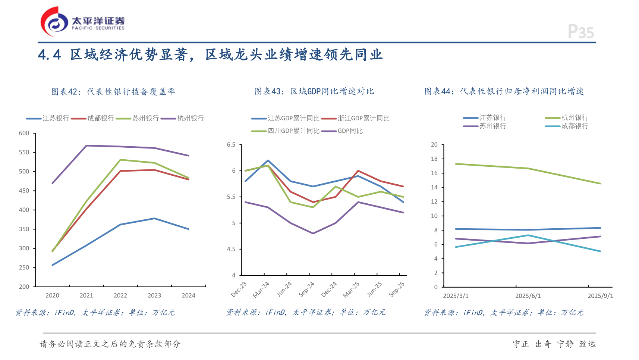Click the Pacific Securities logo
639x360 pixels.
tap(82, 22)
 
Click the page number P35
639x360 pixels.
tap(580, 32)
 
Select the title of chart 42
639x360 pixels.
tap(113, 91)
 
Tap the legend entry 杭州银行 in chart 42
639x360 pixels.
tap(190, 118)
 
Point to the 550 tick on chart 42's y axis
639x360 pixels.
tap(24, 152)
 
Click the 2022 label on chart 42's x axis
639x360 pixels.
tap(120, 295)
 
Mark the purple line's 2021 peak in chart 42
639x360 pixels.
tap(86, 145)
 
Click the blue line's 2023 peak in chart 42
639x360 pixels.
tap(154, 218)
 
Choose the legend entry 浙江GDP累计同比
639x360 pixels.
tap(363, 118)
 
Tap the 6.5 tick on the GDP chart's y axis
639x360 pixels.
tap(231, 144)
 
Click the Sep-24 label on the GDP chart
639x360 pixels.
tap(306, 289)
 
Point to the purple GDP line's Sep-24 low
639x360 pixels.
tap(313, 234)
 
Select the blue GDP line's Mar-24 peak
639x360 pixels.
tap(268, 160)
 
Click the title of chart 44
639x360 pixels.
tap(504, 91)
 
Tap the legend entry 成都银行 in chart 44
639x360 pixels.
tap(575, 126)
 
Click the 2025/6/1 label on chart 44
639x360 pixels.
tap(528, 296)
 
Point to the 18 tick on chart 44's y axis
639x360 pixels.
tap(434, 159)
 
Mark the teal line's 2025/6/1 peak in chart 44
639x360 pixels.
tap(528, 235)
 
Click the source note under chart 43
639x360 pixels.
tap(306, 312)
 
